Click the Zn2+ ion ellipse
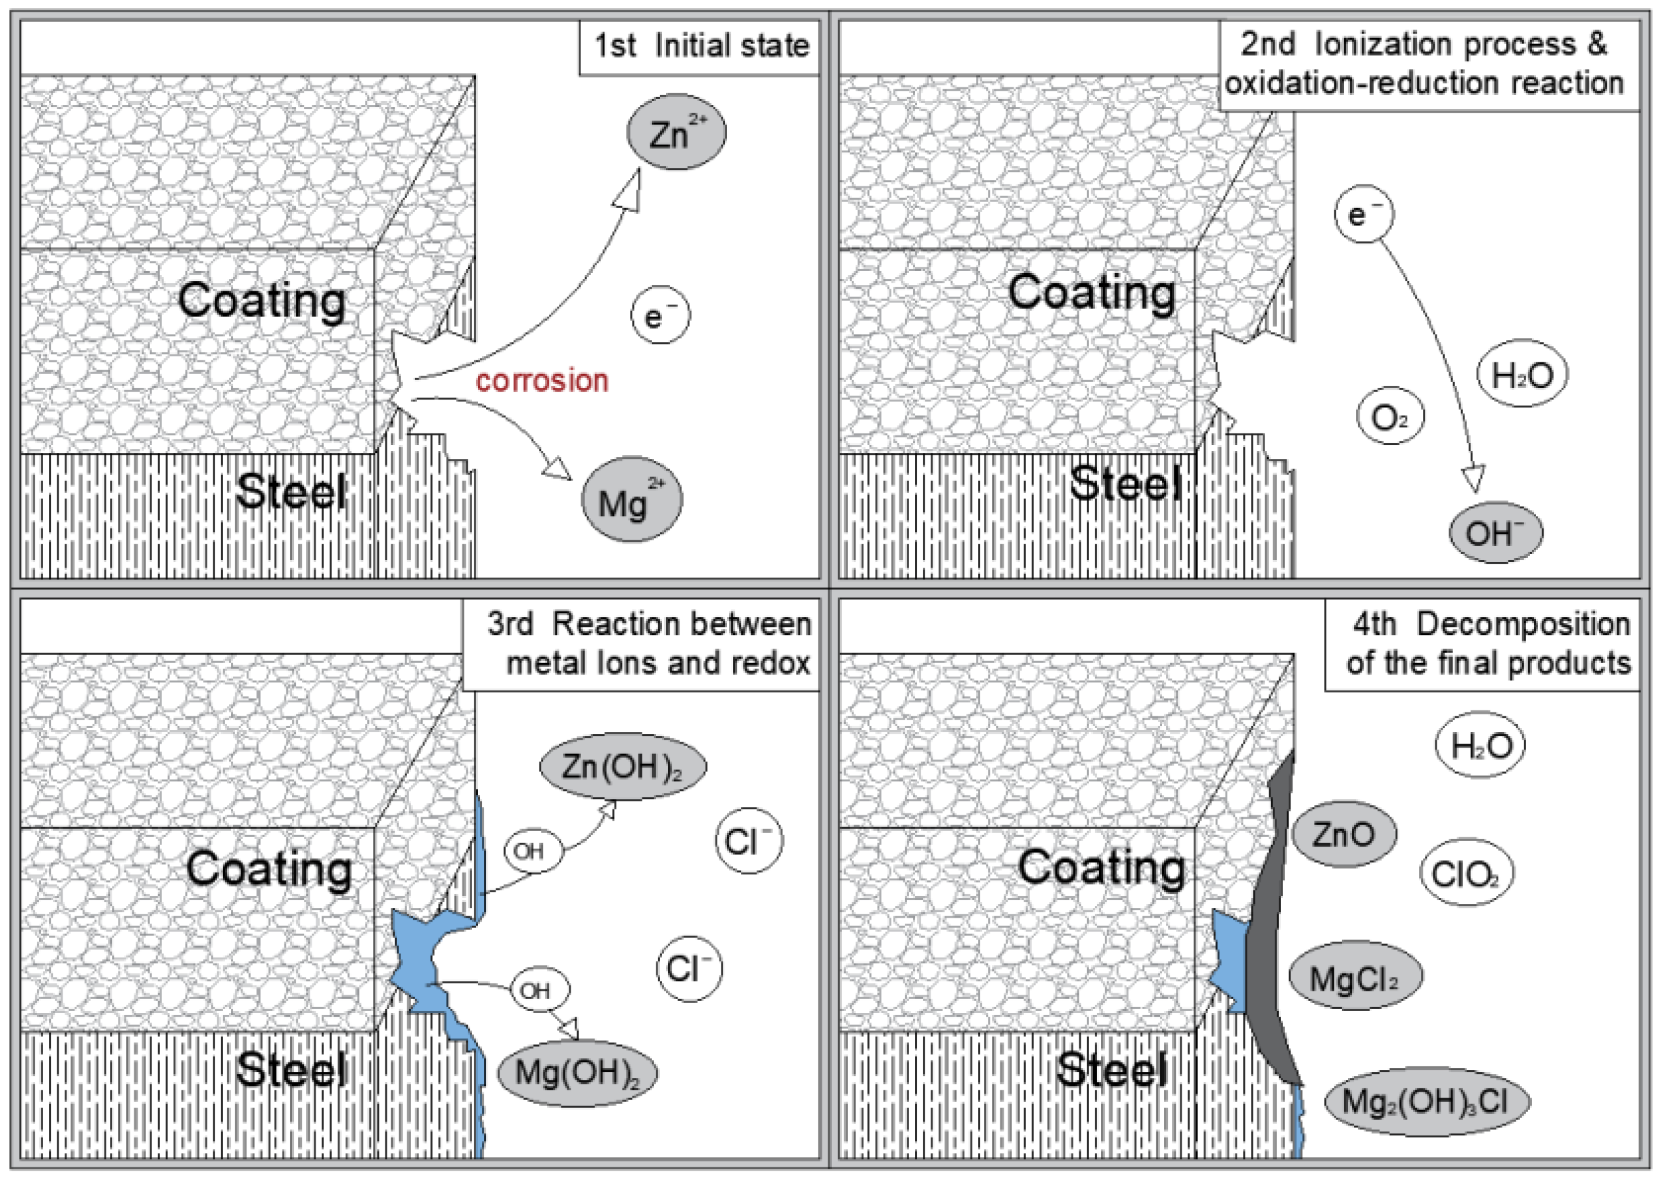(676, 132)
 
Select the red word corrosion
(542, 381)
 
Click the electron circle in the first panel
(660, 315)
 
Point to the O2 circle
(1390, 416)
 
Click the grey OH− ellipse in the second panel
(1495, 532)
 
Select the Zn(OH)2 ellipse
(622, 766)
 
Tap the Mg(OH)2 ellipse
(577, 1072)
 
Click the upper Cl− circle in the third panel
(749, 841)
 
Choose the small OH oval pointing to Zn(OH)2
(533, 849)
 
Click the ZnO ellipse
(1343, 834)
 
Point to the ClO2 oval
(1465, 873)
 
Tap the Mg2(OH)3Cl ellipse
(1426, 1101)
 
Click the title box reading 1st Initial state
(700, 46)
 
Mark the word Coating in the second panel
(1091, 293)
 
